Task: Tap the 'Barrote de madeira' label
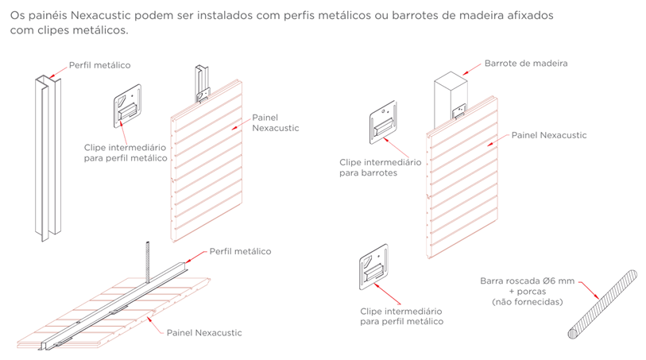[526, 63]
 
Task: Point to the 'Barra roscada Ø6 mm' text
[527, 280]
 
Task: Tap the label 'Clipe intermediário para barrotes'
[380, 167]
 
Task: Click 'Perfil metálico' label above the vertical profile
[99, 65]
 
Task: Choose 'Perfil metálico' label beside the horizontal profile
[239, 251]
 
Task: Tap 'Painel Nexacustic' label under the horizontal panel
[204, 332]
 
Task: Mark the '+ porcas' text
[527, 291]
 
